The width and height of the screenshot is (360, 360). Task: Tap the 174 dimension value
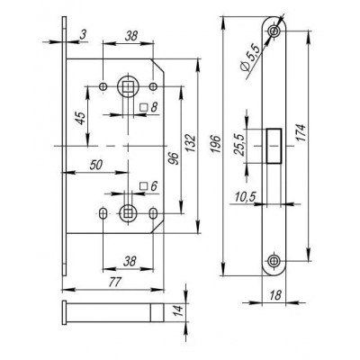tap(301, 133)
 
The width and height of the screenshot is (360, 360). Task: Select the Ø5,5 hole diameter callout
tap(249, 58)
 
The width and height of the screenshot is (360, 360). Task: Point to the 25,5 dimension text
tap(239, 145)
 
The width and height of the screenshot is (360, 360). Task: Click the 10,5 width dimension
tap(245, 197)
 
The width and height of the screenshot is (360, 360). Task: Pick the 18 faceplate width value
tap(274, 295)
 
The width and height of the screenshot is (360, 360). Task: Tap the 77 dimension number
tap(114, 282)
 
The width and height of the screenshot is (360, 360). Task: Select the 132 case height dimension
tap(192, 144)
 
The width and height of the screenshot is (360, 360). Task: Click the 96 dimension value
tap(175, 158)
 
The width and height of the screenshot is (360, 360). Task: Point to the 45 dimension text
tap(80, 118)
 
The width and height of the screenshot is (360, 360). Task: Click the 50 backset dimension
tap(96, 165)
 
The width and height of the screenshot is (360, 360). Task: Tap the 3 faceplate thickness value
tap(83, 35)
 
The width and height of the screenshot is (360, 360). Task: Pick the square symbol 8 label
tap(148, 107)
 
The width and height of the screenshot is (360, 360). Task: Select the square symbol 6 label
tap(148, 186)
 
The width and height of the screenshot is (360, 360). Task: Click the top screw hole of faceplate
tap(274, 31)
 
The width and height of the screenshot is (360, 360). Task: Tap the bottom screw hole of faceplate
tap(273, 261)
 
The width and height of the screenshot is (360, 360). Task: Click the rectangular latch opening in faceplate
tap(274, 146)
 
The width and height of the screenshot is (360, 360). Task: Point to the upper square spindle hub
tap(128, 86)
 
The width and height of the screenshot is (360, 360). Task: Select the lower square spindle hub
tap(128, 213)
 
